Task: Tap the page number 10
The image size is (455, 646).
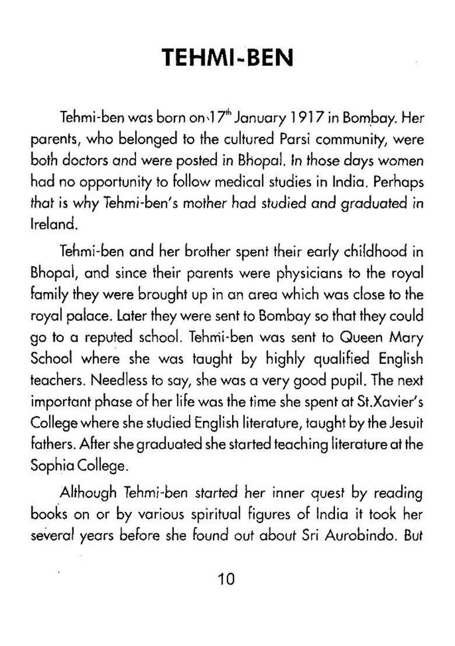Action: [x=226, y=579]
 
